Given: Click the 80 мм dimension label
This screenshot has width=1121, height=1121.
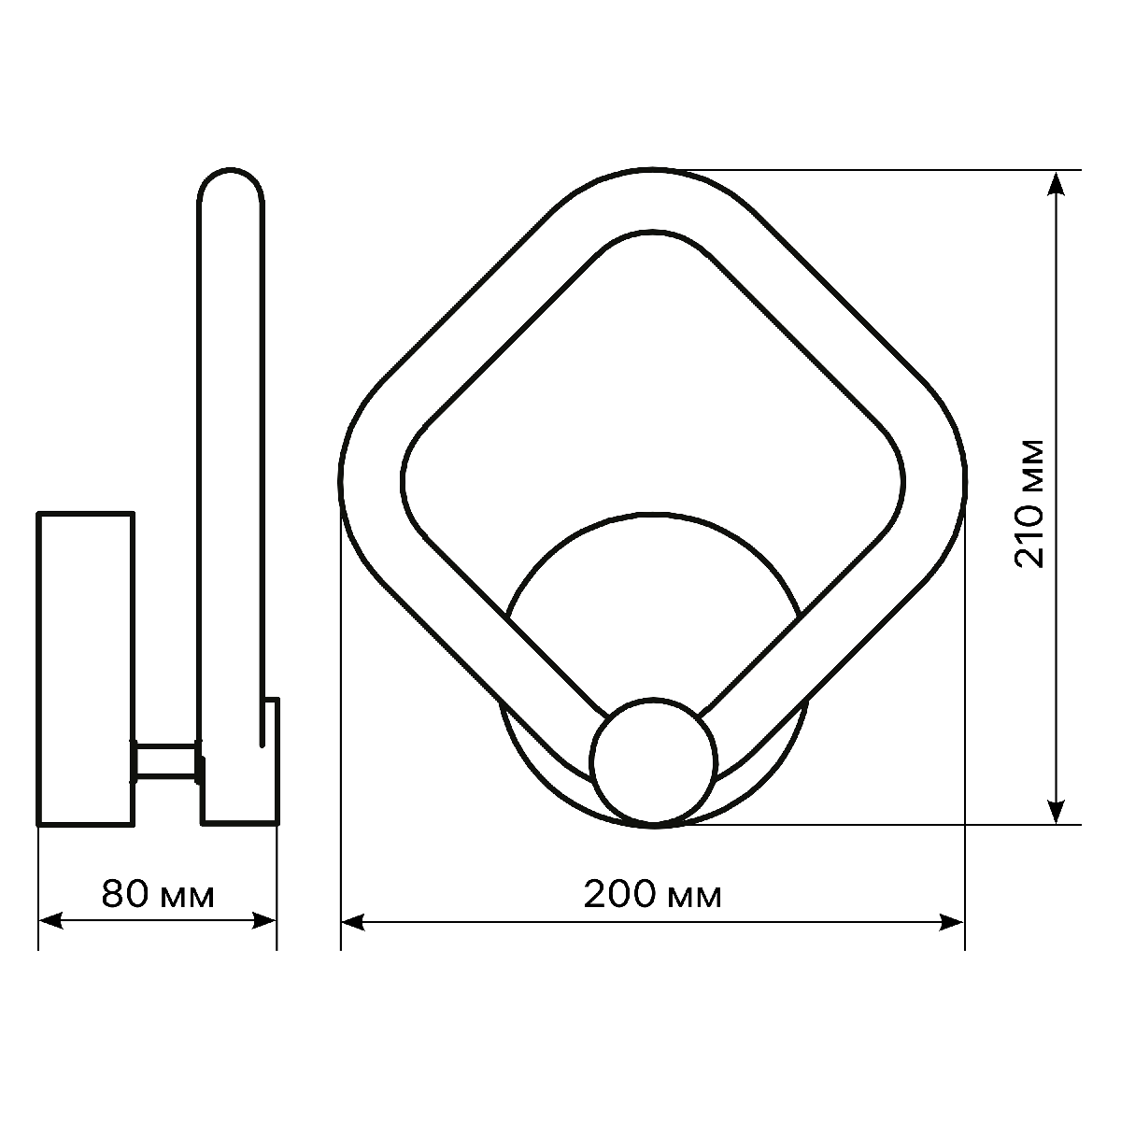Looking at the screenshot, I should click(158, 895).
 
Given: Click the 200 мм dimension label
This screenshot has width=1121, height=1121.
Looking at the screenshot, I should click(652, 895).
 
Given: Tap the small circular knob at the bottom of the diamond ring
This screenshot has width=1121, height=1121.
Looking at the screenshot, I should click(654, 760).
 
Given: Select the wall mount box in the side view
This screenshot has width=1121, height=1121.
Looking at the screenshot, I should click(85, 668).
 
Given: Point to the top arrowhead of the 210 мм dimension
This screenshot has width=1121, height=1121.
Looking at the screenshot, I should click(1056, 183).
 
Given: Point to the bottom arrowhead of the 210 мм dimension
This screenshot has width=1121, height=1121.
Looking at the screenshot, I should click(1056, 812).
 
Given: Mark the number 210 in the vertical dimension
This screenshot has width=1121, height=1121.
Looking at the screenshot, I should click(1029, 533).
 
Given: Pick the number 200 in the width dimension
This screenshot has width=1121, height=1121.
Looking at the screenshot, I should click(620, 895).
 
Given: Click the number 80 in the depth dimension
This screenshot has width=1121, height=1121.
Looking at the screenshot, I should click(125, 895).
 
